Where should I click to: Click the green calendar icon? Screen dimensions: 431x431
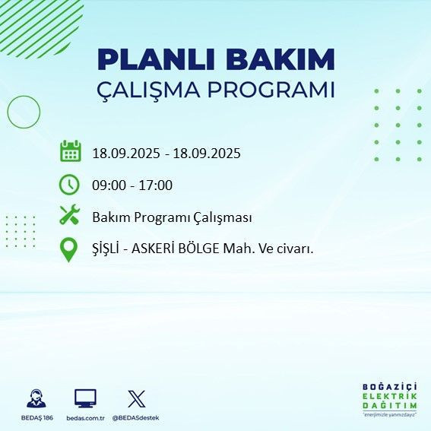[x=70, y=151]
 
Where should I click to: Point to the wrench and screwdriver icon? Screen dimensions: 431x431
[x=70, y=216]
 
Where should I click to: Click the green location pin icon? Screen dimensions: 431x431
[x=69, y=249]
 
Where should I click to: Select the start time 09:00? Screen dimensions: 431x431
[x=108, y=185]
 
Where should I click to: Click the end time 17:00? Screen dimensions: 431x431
[x=156, y=185]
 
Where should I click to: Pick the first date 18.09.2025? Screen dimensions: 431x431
[x=125, y=153]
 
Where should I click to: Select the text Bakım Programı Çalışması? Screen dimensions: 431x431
[x=172, y=217]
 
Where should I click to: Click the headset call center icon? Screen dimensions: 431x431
[x=35, y=398]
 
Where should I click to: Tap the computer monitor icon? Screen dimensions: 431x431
[x=84, y=398]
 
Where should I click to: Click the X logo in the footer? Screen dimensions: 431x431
[x=135, y=398]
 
